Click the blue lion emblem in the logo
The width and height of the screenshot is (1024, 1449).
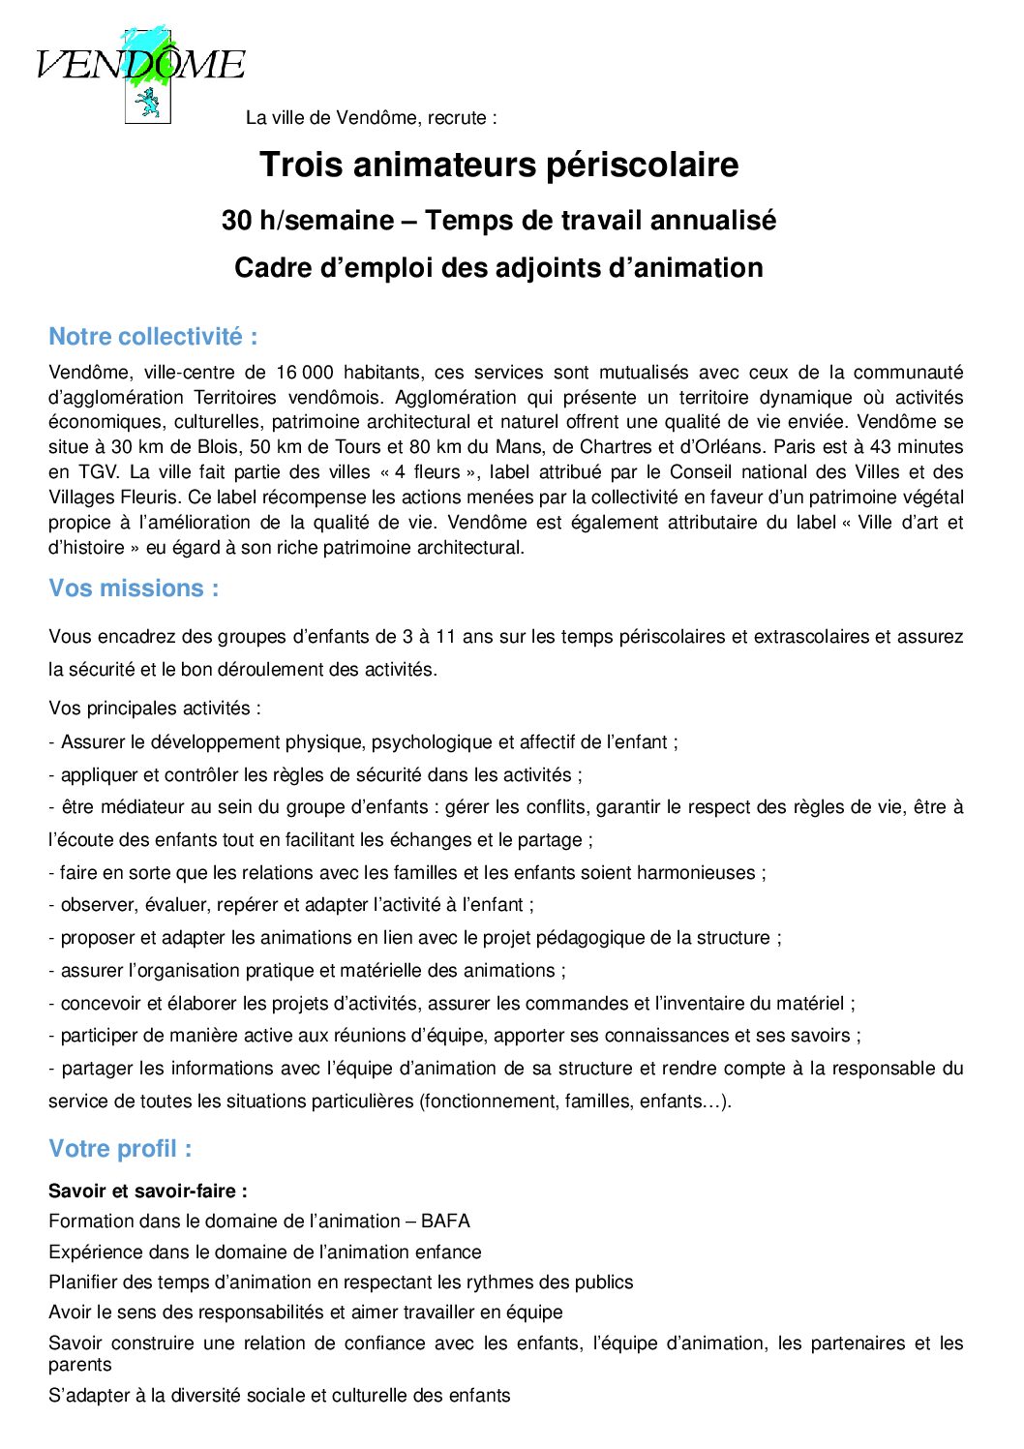148,100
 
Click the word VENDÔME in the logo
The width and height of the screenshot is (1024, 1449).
140,64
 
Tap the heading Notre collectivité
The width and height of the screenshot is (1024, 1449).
153,337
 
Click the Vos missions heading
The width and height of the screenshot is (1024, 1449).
134,589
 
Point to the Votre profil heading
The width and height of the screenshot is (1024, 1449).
120,1149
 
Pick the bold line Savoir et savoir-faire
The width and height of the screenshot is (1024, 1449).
147,1192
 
